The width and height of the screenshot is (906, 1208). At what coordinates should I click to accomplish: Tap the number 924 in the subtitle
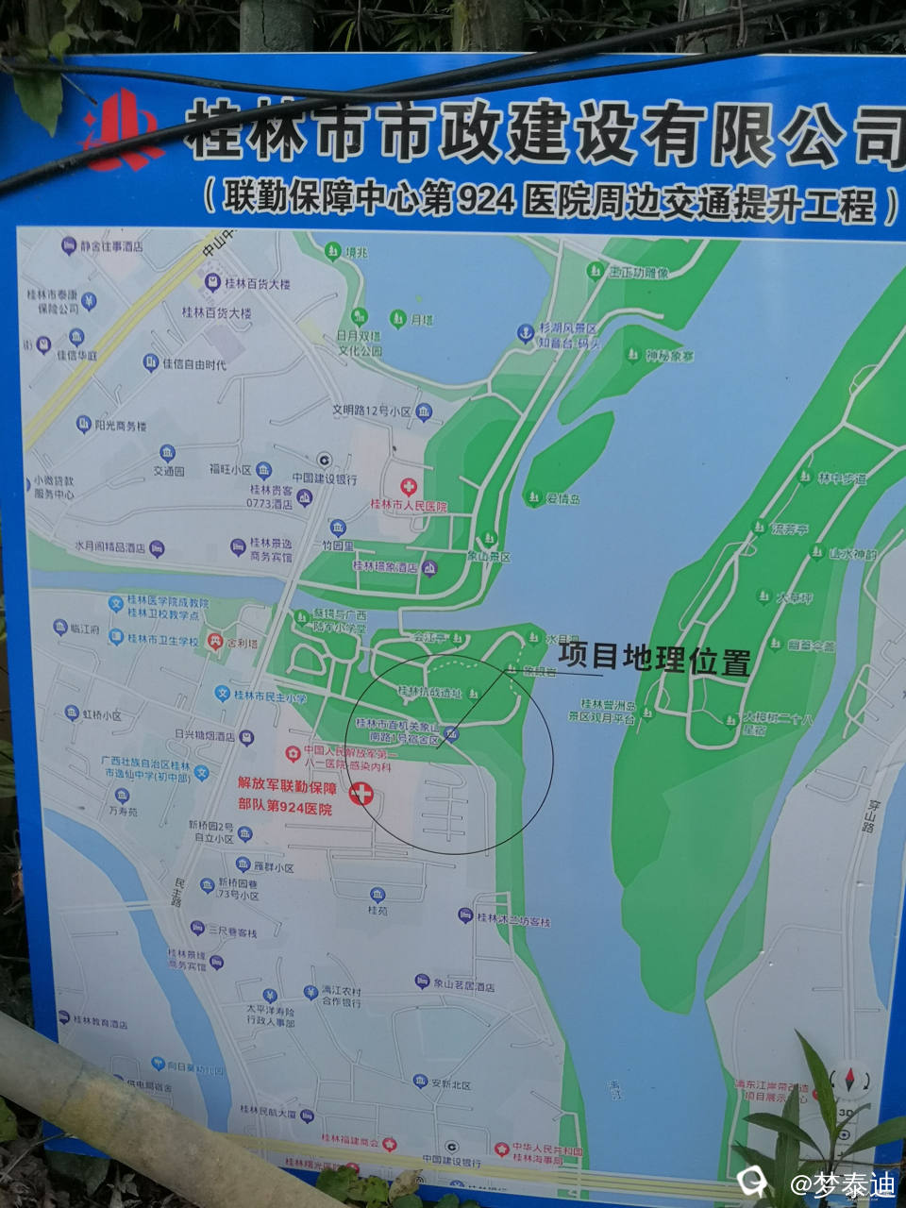tap(488, 200)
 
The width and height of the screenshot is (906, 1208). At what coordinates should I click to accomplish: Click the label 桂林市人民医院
tap(409, 507)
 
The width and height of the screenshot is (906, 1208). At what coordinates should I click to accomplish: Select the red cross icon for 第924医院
tap(361, 795)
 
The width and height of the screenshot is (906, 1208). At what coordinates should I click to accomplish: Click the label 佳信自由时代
tap(194, 363)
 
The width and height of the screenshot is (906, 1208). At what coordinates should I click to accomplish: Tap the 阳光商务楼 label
tap(120, 426)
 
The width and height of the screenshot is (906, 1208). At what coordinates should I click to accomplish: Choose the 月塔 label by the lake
tap(421, 320)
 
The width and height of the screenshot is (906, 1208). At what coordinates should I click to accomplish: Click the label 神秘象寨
tap(670, 356)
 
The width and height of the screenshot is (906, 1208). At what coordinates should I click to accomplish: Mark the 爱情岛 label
tap(562, 498)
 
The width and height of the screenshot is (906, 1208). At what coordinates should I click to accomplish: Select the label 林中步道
tap(841, 478)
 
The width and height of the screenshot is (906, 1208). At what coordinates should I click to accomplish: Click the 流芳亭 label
tap(789, 529)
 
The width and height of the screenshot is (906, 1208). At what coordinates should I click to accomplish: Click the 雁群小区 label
tap(274, 867)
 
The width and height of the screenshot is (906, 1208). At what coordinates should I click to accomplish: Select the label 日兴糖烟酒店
tap(204, 735)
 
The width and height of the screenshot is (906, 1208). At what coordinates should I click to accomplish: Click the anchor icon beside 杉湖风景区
tap(525, 333)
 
